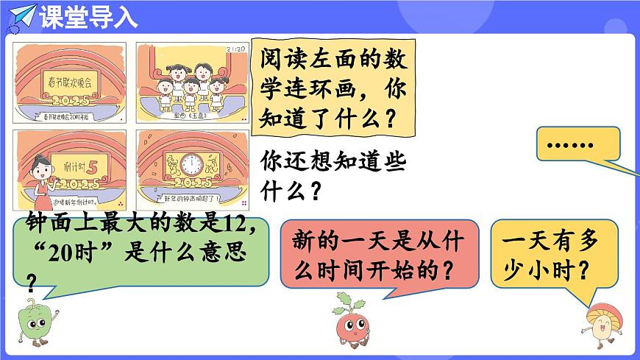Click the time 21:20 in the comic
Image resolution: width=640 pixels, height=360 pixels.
point(235,49)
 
